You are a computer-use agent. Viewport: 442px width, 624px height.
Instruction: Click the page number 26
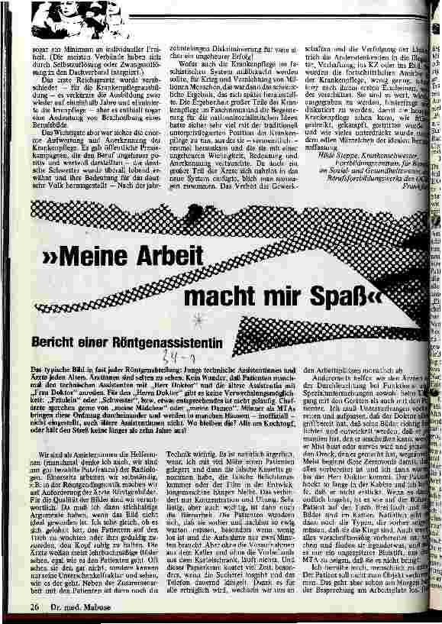tap(34, 607)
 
